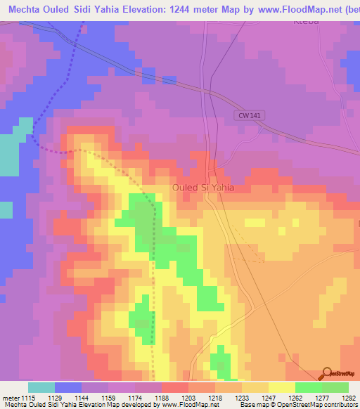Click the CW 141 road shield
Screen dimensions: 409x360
243,117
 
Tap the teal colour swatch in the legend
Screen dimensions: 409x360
41,387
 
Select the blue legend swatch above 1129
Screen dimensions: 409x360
68,387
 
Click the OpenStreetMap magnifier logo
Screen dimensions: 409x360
327,373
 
